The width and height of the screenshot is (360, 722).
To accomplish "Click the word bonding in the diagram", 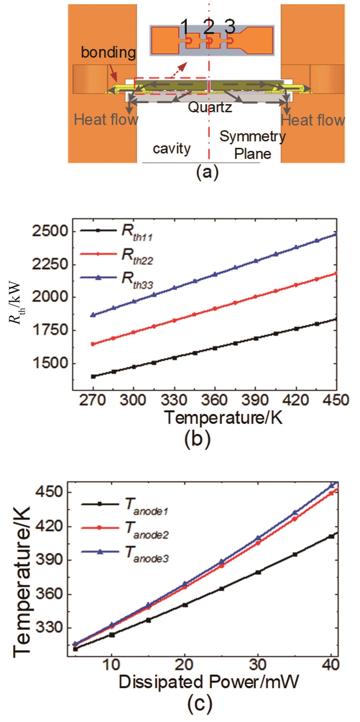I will pos(108,53).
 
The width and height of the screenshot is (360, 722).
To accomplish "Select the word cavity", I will pos(171,148).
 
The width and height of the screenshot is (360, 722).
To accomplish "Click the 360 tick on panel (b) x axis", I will pos(215,400).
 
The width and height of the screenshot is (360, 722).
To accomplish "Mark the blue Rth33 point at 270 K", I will pos(93,315).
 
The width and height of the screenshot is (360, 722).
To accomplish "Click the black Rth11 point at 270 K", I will pos(93,376).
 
